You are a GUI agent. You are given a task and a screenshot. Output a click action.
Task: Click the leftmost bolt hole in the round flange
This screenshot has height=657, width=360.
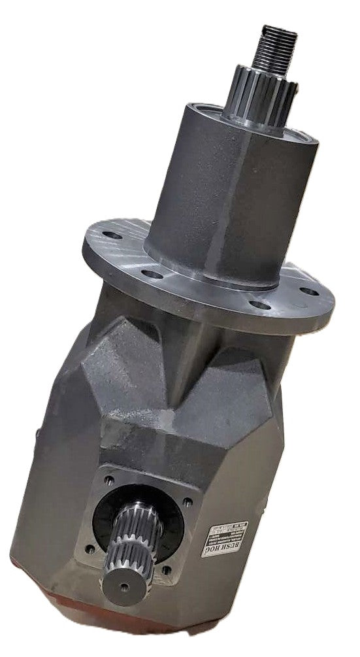pos(112,233)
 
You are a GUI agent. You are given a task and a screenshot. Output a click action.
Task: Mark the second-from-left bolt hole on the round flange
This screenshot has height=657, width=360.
pos(151,274)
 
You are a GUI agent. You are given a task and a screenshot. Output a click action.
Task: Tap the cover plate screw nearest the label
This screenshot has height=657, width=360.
pos(188,503)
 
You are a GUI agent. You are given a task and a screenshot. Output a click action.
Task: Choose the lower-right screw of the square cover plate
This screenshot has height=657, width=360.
pos(167,569)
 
